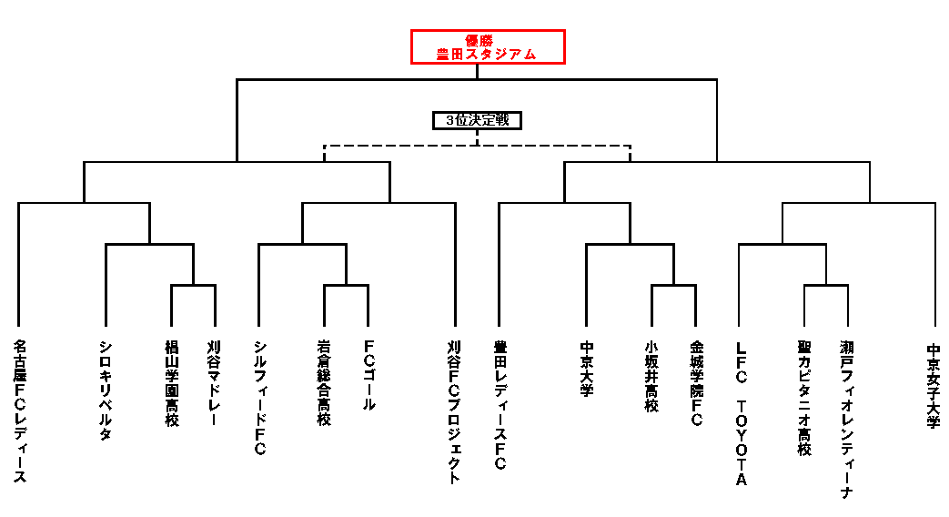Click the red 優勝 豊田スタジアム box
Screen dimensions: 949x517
tap(488, 46)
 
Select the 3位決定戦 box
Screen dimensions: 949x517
tap(477, 120)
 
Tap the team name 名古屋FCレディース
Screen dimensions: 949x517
tap(20, 411)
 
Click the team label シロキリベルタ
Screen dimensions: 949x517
tap(106, 390)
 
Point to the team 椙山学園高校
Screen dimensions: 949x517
tap(172, 383)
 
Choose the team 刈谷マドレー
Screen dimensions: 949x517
tap(214, 382)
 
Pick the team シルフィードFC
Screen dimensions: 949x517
tap(259, 398)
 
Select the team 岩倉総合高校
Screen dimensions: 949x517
tap(324, 382)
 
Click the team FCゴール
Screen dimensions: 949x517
tap(368, 375)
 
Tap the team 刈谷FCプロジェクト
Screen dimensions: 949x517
tap(455, 411)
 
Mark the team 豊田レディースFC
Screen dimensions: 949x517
tap(500, 405)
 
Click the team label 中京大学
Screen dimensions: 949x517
tap(587, 369)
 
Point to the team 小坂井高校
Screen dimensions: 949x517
tap(651, 376)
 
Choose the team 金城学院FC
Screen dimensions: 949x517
tap(696, 383)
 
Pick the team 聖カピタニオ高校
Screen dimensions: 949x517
tap(804, 398)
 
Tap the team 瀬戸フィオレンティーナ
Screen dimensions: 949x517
tap(847, 419)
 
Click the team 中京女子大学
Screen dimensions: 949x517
tap(934, 386)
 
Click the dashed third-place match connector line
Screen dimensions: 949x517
tap(477, 146)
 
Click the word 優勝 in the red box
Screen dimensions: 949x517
tap(479, 41)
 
